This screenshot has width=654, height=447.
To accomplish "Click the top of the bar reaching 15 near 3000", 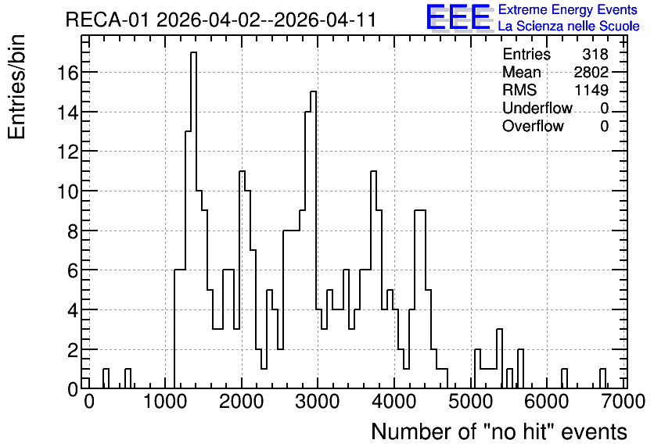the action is pos(314,91).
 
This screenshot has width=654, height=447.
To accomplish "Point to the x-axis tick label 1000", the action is pos(165,402).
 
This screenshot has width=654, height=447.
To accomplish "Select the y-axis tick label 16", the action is pos(67,73).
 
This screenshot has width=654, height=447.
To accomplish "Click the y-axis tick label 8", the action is pos(73,231).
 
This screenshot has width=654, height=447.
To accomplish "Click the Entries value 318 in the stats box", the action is pos(595,54).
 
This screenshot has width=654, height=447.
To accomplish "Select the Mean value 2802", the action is pos(591,72).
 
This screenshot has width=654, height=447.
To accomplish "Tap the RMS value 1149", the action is pos(591,90).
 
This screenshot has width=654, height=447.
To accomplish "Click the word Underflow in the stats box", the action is pos(537,108).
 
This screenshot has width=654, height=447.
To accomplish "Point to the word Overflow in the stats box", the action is pos(533,126).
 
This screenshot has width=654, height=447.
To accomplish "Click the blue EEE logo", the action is pos(458,17).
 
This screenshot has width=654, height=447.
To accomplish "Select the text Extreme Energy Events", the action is pos(568,9).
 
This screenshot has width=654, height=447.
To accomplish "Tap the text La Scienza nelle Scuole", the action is pos(569,27).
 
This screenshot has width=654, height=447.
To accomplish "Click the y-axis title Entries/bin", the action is pos(16,88).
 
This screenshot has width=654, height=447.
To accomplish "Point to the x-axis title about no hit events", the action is pos(499,431).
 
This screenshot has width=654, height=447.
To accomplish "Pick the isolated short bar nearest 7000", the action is pos(602,378).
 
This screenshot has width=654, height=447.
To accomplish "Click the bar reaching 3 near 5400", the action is pos(499,359).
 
